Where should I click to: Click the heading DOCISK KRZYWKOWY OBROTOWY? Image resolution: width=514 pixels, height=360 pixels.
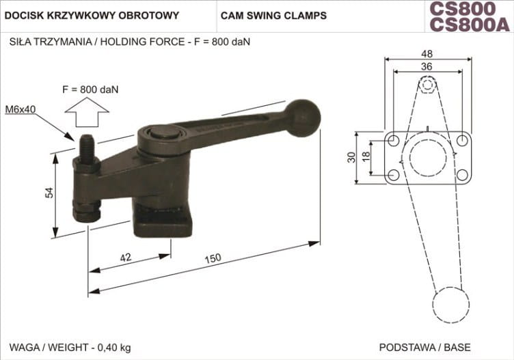(x=92, y=15)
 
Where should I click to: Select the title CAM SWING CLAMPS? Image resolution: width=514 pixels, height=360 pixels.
(x=274, y=15)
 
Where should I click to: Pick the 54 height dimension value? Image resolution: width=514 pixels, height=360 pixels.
(x=49, y=193)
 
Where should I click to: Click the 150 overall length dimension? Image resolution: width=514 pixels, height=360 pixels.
(x=213, y=259)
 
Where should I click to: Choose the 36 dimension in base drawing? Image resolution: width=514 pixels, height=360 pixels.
(x=427, y=67)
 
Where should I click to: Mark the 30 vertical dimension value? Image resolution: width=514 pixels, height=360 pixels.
(x=351, y=158)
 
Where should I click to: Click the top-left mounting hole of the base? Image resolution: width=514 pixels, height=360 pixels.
(x=392, y=140)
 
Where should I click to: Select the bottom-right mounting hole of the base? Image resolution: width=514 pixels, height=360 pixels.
(x=462, y=175)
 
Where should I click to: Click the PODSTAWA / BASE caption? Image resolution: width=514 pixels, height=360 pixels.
(x=424, y=347)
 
